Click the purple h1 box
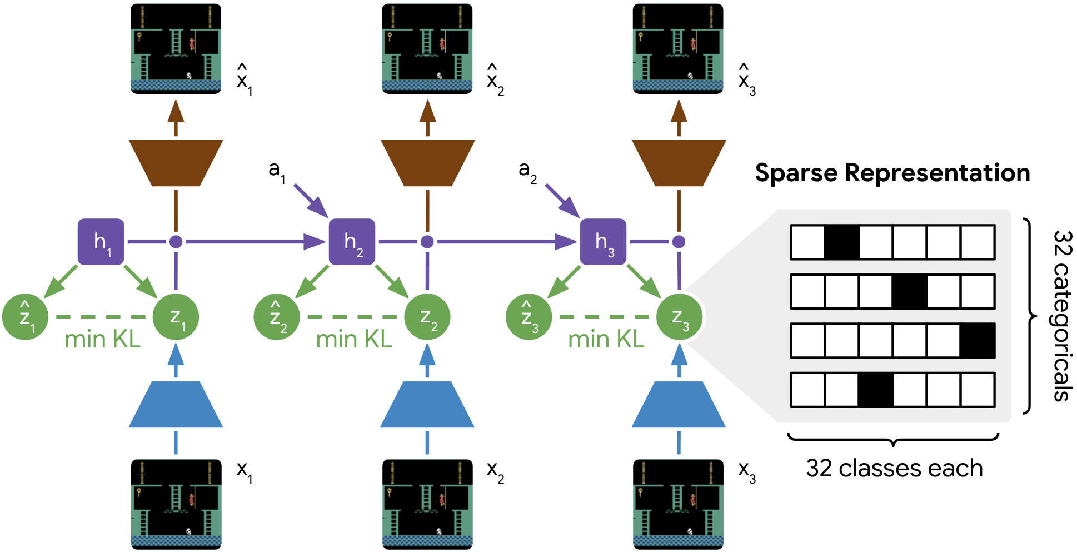[101, 242]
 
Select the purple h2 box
[352, 242]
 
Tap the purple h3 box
[603, 242]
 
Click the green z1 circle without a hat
[176, 317]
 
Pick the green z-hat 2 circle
[276, 317]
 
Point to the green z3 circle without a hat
[679, 317]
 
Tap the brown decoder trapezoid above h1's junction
[176, 163]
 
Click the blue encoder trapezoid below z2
[427, 405]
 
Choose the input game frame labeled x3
[678, 504]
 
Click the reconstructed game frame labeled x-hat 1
[176, 49]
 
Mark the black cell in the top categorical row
[842, 242]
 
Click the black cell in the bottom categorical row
[876, 390]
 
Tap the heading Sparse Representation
[892, 173]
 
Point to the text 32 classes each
[894, 468]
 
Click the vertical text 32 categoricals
[1062, 315]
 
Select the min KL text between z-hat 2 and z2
[354, 339]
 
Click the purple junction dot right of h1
[176, 242]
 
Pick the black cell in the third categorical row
[978, 341]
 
